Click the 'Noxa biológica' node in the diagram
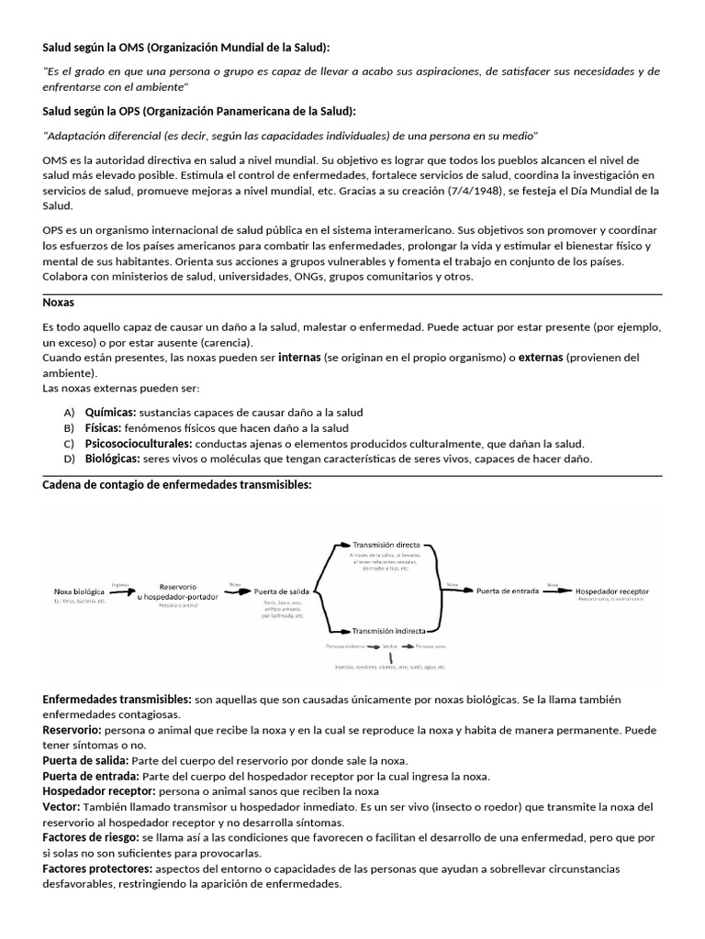coord(80,592)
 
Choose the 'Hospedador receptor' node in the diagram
coord(610,592)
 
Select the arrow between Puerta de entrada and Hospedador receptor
coord(552,591)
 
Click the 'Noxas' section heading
coord(59,302)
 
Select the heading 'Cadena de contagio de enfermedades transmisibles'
coord(177,484)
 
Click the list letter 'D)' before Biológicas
coord(69,458)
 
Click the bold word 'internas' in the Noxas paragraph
coord(299,358)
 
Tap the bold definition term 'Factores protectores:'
coord(98,868)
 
